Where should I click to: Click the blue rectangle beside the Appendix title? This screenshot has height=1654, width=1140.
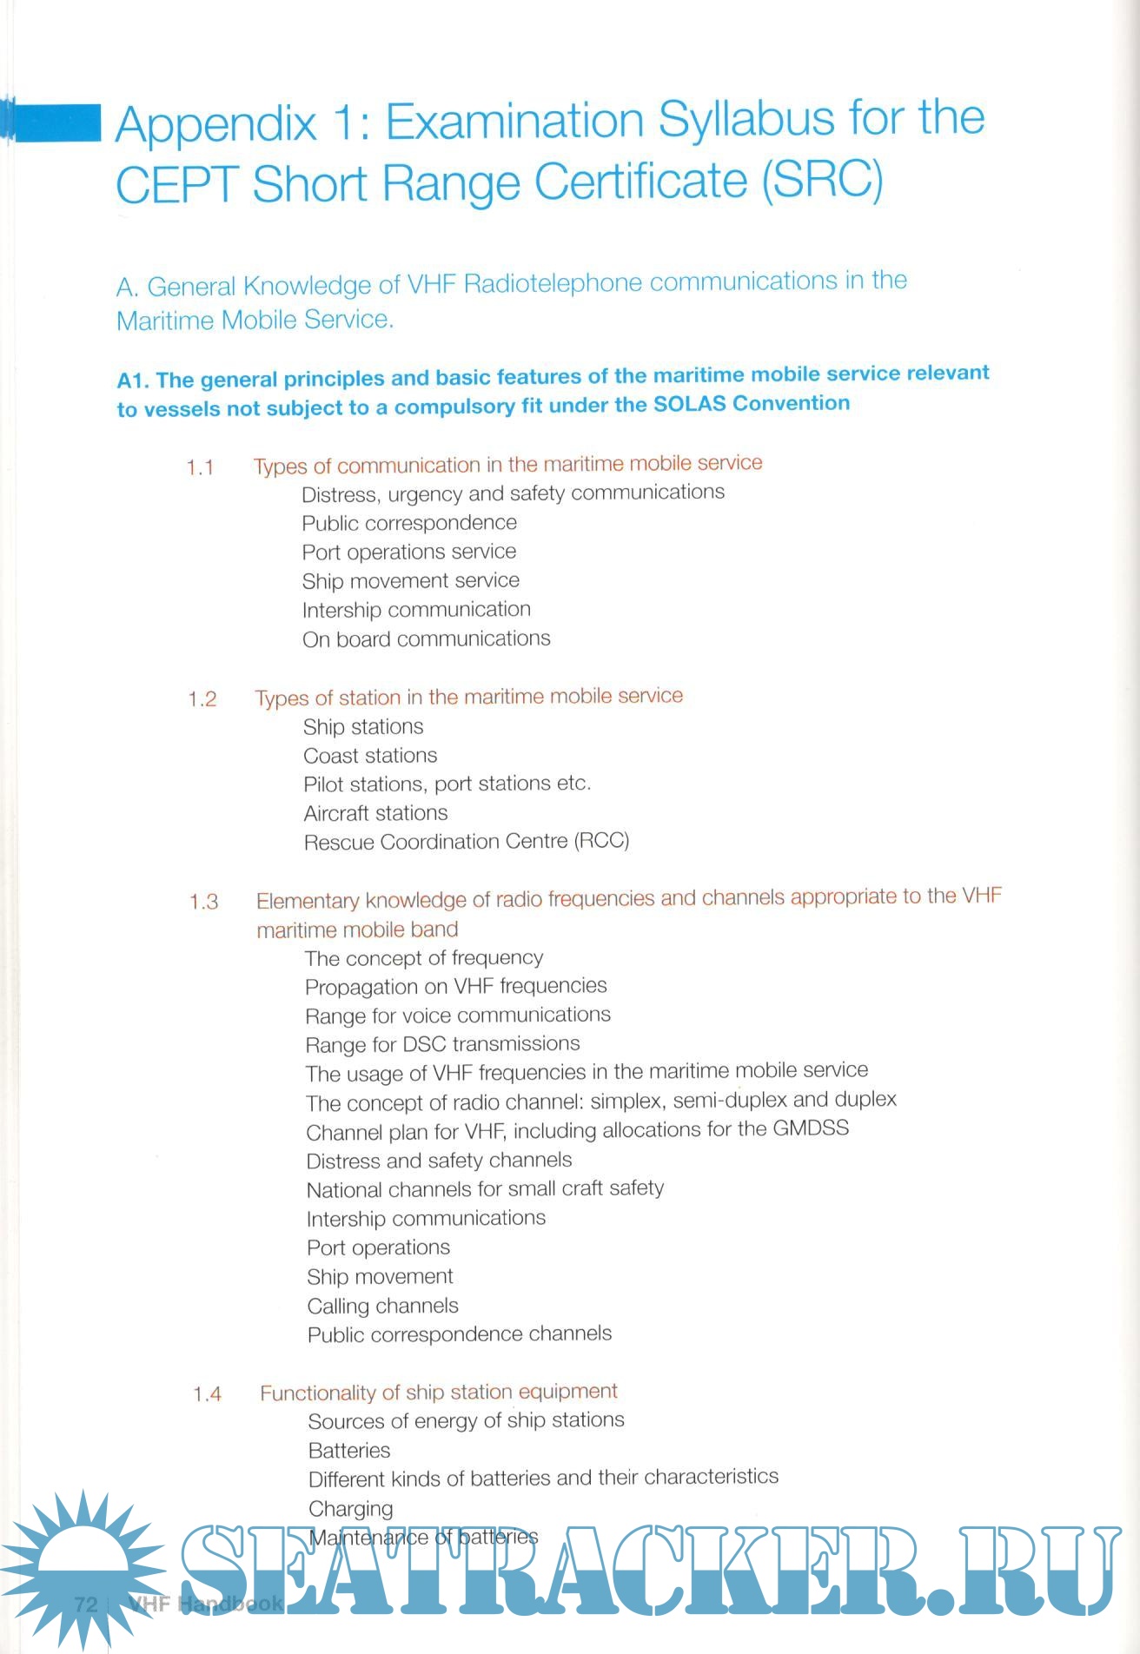[54, 122]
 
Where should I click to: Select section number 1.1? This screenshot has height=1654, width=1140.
[201, 468]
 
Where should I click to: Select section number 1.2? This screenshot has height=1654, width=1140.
[202, 700]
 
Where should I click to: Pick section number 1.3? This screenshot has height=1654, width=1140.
[204, 903]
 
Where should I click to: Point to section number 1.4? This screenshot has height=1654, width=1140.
[208, 1395]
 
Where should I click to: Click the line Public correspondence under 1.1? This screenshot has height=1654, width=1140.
[409, 523]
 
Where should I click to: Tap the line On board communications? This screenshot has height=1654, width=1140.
[427, 639]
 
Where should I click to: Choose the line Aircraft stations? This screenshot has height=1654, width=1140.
[376, 814]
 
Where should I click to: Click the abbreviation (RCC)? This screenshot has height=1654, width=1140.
[601, 841]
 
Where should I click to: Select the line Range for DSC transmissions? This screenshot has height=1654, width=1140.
[443, 1044]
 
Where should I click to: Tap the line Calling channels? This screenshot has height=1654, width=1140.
[383, 1307]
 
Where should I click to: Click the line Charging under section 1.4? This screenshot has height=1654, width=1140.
[351, 1509]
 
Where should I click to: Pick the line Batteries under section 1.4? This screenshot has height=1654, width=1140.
[349, 1451]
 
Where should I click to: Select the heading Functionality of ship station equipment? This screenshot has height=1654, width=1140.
[439, 1393]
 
